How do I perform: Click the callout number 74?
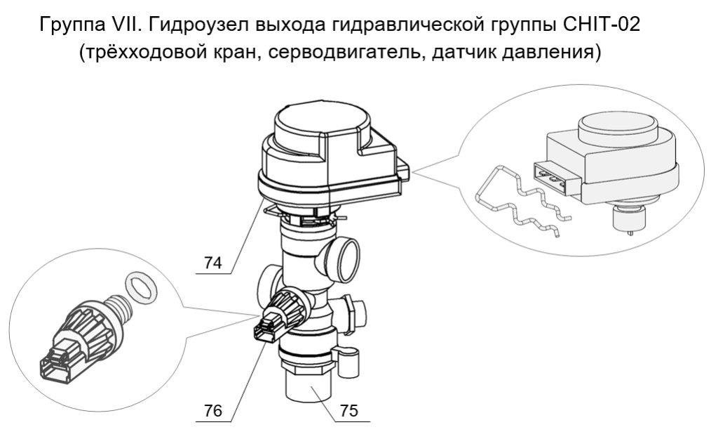coord(211,263)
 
